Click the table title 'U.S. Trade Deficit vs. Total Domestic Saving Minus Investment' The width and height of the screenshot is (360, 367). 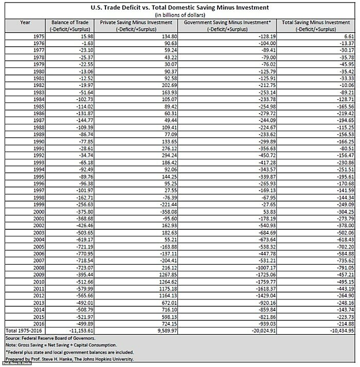(179, 8)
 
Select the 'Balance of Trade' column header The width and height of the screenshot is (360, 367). (68, 23)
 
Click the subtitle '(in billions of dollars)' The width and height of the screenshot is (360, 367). (179, 15)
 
